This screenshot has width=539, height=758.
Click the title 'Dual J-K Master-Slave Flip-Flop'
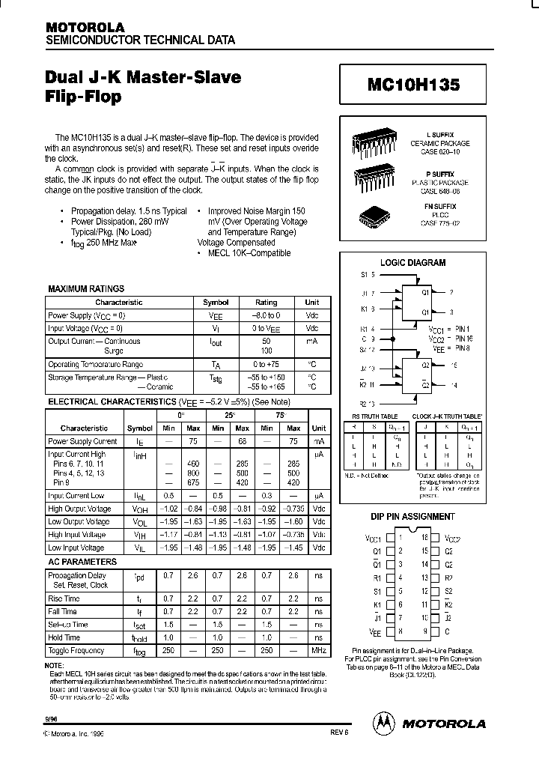tap(143, 86)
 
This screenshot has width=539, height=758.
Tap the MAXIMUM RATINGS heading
tap(86, 288)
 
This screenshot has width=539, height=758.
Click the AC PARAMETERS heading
tap(82, 561)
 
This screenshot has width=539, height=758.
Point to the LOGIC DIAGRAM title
tap(412, 263)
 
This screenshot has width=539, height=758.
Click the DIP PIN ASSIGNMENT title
tap(412, 517)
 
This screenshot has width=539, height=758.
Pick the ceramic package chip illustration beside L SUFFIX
tap(374, 143)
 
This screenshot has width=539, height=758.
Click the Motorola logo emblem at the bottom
tap(383, 723)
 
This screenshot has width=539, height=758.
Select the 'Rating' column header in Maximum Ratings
tap(267, 303)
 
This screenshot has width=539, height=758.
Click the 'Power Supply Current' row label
tap(82, 441)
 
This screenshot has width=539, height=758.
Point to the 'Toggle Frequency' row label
tap(76, 650)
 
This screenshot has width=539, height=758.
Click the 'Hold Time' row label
tap(64, 637)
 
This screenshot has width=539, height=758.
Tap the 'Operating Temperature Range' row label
tap(95, 364)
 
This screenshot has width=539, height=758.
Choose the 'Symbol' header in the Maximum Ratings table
tap(216, 303)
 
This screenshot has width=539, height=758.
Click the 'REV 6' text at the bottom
tap(339, 735)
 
